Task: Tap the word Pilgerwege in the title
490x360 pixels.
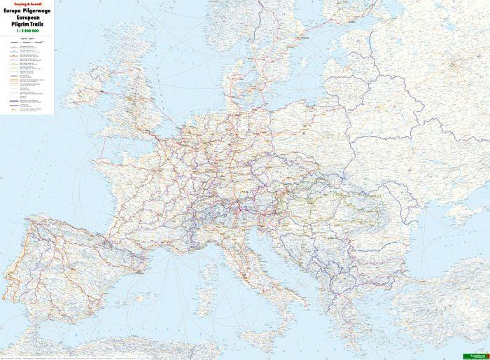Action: coord(36,11)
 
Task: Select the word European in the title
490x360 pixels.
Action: coord(29,18)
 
